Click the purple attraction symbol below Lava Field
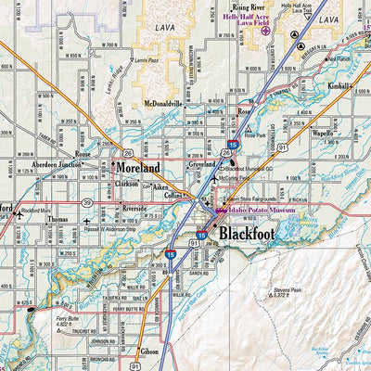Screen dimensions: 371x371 coord(266,30)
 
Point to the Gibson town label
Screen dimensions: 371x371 coord(150,352)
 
